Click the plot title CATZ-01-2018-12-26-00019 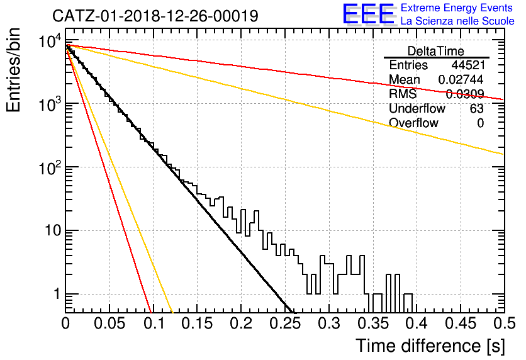tap(155, 16)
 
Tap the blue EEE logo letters tap(368, 14)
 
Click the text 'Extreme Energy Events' tap(457, 8)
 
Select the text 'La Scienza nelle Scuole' tap(457, 21)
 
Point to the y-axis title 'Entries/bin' tap(14, 70)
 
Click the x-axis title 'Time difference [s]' tap(430, 346)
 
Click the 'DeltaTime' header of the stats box tap(436, 51)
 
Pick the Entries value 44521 tap(468, 65)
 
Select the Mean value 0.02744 tap(461, 79)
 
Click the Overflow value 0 tap(480, 123)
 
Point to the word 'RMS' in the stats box tap(403, 94)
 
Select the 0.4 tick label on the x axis tap(417, 323)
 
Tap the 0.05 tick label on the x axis tap(109, 323)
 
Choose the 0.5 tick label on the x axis tap(503, 323)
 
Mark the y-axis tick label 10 tap(52, 230)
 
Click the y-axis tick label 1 tap(57, 295)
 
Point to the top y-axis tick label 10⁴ tap(50, 42)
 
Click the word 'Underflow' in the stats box tap(417, 108)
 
